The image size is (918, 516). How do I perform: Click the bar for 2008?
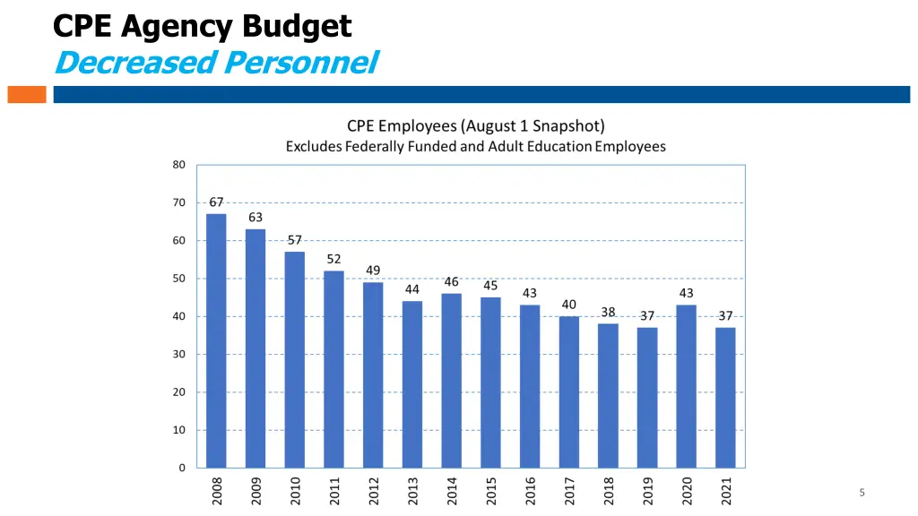coord(216,340)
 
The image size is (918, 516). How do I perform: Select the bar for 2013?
coord(412,384)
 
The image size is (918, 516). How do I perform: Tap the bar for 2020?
coord(686,386)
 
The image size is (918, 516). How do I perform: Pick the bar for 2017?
coord(568,391)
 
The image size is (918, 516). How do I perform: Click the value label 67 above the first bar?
coord(216,202)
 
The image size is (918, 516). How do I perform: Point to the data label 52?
coord(333,259)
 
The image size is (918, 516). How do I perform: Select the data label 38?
coord(608,312)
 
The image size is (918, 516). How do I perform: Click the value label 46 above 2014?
coord(451,282)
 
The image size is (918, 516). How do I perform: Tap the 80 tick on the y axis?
coord(179,165)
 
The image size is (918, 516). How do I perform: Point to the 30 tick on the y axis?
coord(179,355)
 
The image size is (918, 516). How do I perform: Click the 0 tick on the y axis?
coord(182,468)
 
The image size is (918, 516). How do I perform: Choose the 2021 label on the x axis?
coord(726,490)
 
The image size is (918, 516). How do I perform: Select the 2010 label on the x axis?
coord(295,490)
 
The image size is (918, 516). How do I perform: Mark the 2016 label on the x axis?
coord(530,490)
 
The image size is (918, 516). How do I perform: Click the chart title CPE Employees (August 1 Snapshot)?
coord(475,126)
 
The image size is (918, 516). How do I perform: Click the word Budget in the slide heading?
coord(296,26)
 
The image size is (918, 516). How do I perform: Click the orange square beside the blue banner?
coord(26,94)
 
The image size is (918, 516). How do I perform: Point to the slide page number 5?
coord(862,492)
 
